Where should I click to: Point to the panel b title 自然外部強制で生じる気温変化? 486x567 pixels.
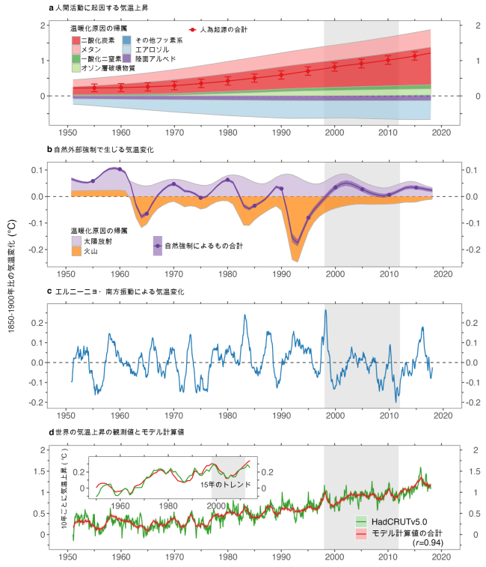point(104,150)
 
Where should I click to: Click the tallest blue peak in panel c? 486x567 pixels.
point(325,310)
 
